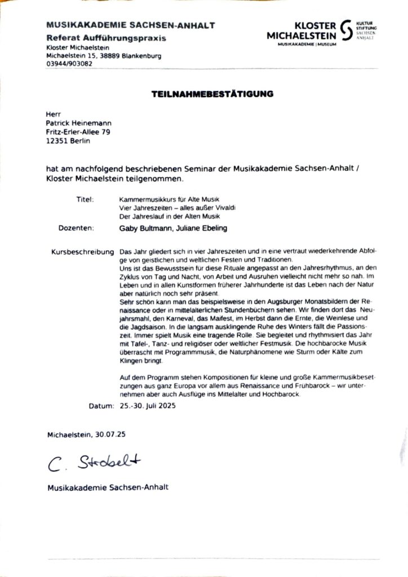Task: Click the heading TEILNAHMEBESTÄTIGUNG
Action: click(212, 94)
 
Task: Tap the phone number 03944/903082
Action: click(69, 64)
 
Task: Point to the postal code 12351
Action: click(57, 141)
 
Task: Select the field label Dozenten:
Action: click(76, 228)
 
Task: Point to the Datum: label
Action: click(102, 406)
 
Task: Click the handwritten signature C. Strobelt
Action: click(94, 463)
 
